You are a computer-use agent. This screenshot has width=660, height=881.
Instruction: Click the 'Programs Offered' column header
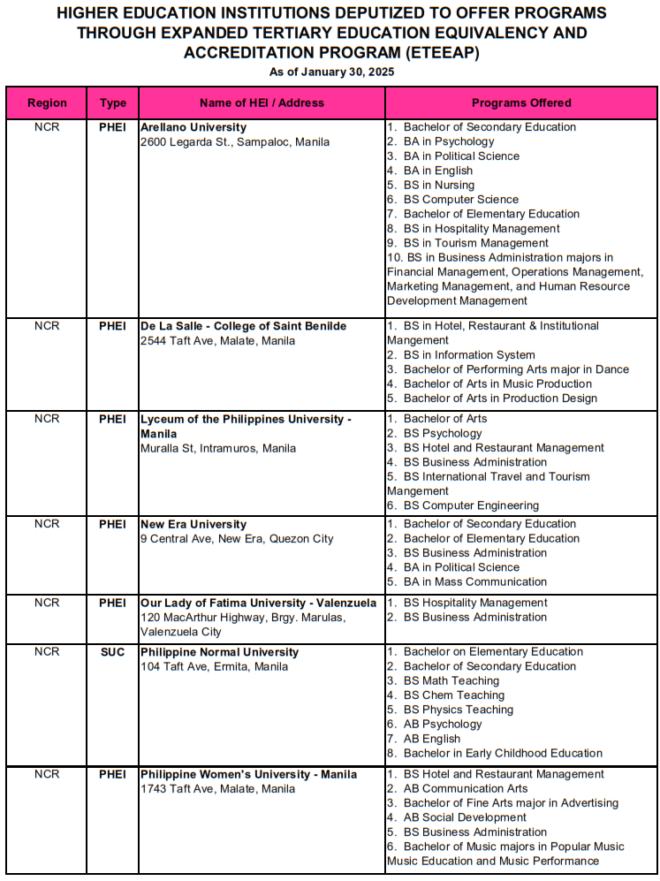521,103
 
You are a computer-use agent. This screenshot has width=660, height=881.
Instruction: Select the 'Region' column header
47,103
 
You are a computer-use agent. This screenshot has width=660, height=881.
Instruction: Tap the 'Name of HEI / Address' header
262,103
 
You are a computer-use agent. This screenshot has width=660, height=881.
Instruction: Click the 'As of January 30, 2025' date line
331,72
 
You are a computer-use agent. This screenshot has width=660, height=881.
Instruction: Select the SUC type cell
112,652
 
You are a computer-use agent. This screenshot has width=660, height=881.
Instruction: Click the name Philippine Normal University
220,652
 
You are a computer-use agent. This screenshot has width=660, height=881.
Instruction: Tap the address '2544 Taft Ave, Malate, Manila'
217,340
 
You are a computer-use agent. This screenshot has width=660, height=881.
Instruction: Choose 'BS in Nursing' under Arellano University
438,185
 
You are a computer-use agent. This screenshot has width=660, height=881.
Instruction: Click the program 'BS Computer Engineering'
470,505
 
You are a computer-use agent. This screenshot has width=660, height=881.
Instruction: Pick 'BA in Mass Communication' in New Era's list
474,581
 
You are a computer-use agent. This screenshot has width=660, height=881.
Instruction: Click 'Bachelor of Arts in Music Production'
497,384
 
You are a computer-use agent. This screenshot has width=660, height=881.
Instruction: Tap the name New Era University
193,524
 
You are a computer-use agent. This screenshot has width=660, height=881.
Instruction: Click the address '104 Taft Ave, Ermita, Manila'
214,666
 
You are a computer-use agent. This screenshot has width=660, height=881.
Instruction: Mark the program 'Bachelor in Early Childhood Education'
503,754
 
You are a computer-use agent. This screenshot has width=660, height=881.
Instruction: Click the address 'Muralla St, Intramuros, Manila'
218,448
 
